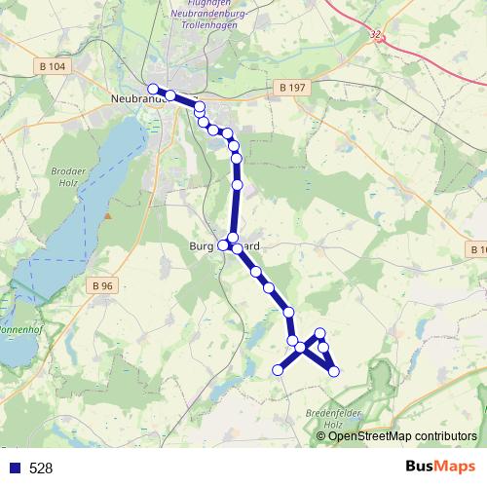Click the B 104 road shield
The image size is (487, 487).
pos(56,65)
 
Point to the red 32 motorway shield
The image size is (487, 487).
pos(376,34)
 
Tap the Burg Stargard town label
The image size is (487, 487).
pos(225,247)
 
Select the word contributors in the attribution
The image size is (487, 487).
pos(447,436)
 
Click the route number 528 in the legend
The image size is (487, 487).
pos(41,468)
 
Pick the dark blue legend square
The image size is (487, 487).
pos(14,468)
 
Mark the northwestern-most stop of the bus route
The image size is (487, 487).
pos(153,89)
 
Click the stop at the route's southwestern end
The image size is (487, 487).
pos(278,370)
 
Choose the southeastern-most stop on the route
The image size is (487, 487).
pos(334,371)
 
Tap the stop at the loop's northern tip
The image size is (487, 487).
pos(320,333)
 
